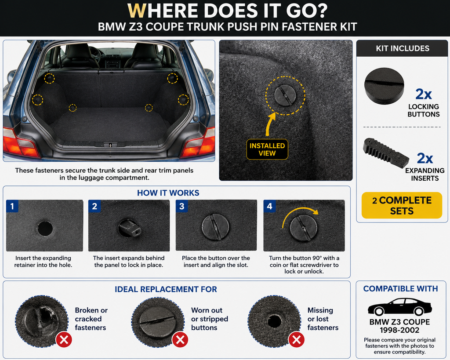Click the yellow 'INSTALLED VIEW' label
point(267,149)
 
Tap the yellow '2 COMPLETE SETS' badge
point(402,205)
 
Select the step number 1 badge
point(12,206)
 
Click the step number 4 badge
point(269,206)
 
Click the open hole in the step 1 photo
point(45,228)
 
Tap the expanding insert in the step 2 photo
point(130,228)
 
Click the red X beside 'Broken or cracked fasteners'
point(64,340)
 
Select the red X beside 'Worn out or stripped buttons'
point(180,340)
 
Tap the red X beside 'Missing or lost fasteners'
point(297,340)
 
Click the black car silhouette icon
point(400,307)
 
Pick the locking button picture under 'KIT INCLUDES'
point(384,86)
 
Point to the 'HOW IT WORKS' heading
point(168,193)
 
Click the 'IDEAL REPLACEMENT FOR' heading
point(166,289)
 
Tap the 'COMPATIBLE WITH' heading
point(401,289)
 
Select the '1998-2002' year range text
point(399,330)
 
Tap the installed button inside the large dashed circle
point(285,95)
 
